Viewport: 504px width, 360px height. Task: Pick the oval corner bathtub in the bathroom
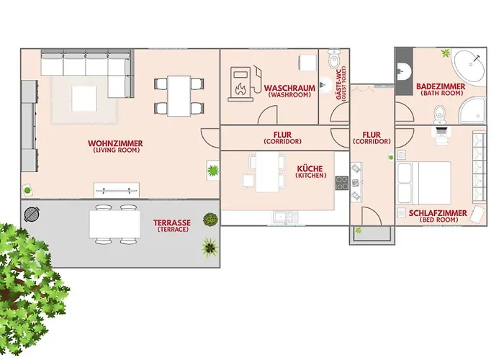pos(471,68)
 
